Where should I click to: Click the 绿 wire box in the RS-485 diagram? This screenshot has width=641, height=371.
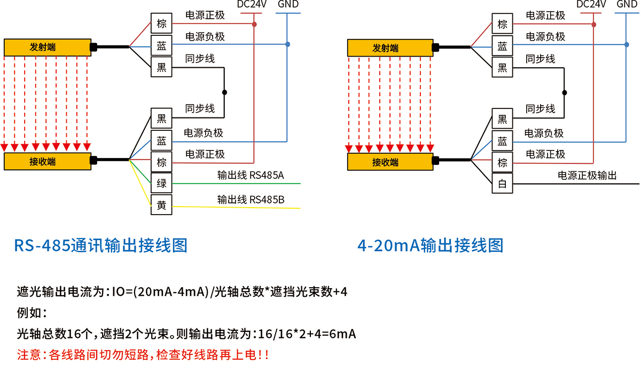[161, 184]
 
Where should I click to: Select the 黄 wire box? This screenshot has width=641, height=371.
[161, 205]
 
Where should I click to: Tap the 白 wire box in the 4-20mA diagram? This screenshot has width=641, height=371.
[502, 184]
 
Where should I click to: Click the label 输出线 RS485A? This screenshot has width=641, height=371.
[251, 175]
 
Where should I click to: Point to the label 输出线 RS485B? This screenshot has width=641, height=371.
[251, 200]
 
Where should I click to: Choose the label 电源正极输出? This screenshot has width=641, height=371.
[587, 175]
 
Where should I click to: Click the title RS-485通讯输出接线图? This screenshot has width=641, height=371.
[100, 246]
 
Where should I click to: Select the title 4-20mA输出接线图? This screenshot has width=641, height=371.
[431, 246]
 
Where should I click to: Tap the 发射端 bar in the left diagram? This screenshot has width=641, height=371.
[46, 48]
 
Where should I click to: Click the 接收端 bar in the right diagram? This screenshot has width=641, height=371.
[389, 162]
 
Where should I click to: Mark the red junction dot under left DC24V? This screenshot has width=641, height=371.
[254, 25]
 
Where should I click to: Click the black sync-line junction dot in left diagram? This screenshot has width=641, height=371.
[224, 92]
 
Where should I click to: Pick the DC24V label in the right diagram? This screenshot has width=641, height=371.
[591, 5]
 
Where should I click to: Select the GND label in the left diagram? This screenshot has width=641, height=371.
[288, 5]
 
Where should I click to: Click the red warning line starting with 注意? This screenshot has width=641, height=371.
[143, 354]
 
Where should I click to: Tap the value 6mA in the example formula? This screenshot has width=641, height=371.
[340, 334]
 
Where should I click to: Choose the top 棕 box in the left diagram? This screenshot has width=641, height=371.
[161, 25]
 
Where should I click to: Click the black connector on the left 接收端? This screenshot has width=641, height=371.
[93, 159]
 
